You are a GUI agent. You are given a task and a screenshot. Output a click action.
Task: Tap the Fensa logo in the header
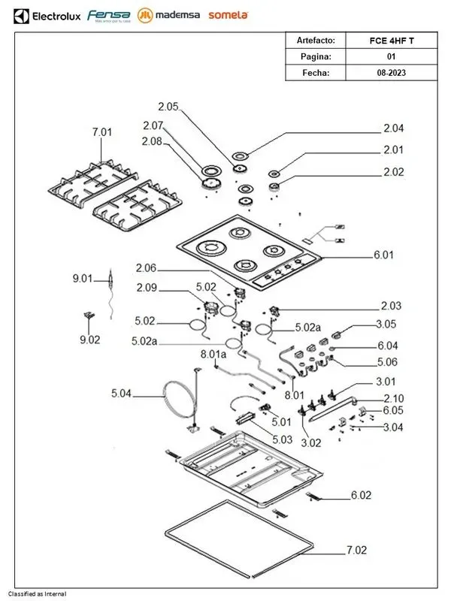tap(109, 15)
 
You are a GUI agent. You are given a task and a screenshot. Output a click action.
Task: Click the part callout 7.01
tap(101, 132)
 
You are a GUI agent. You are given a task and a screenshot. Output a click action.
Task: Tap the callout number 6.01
tap(383, 255)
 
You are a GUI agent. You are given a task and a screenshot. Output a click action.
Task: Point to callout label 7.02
tap(357, 551)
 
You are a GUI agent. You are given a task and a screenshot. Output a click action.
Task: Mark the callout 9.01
tap(82, 279)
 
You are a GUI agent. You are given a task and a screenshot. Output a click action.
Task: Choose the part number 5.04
tap(121, 392)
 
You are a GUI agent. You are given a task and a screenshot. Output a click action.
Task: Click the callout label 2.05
tap(168, 106)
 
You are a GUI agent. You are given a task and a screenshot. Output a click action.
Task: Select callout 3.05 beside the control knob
tap(386, 325)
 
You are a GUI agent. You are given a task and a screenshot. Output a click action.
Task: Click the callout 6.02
tap(361, 495)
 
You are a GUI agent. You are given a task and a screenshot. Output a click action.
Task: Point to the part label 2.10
tap(394, 397)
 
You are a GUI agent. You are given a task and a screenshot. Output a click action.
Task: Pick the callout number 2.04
tap(393, 128)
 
